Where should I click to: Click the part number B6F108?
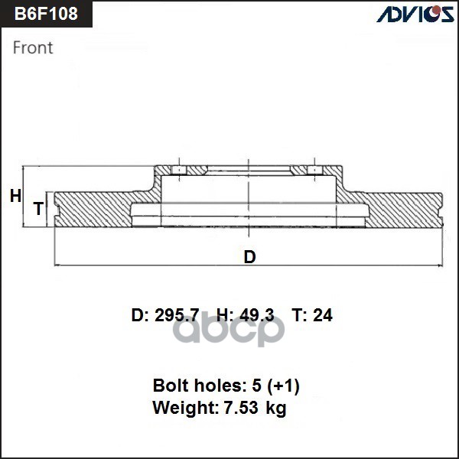pyautogui.click(x=46, y=14)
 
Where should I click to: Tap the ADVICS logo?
pyautogui.click(x=415, y=14)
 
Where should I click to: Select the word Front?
pyautogui.click(x=33, y=47)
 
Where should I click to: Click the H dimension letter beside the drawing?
pyautogui.click(x=15, y=196)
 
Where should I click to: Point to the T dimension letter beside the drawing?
pyautogui.click(x=39, y=208)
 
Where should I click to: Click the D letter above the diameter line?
pyautogui.click(x=249, y=257)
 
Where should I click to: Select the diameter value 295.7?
pyautogui.click(x=177, y=315)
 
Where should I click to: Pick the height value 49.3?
pyautogui.click(x=257, y=315)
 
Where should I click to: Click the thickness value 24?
pyautogui.click(x=323, y=315)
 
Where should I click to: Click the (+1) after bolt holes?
pyautogui.click(x=283, y=386)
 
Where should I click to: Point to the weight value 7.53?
pyautogui.click(x=241, y=407)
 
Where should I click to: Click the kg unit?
pyautogui.click(x=275, y=408)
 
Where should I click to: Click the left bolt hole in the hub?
pyautogui.click(x=179, y=170)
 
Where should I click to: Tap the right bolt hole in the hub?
pyautogui.click(x=314, y=170)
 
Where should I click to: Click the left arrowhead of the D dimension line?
pyautogui.click(x=57, y=265)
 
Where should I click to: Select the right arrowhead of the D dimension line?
pyautogui.click(x=440, y=265)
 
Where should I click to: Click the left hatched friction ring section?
pyautogui.click(x=93, y=210)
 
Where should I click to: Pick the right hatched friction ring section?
pyautogui.click(x=404, y=210)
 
